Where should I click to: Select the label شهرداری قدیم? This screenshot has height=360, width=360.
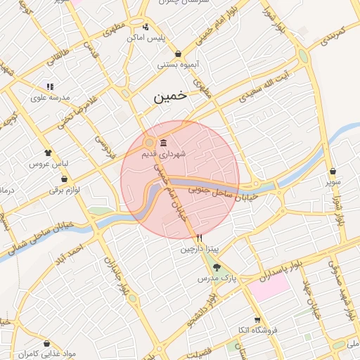tap(163, 153)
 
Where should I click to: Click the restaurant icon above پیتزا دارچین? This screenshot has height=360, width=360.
tap(200, 238)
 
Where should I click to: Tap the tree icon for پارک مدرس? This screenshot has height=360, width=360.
tap(216, 267)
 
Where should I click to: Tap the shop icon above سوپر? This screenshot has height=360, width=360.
tap(332, 171)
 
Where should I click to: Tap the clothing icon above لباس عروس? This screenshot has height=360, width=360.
tap(48, 153)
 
